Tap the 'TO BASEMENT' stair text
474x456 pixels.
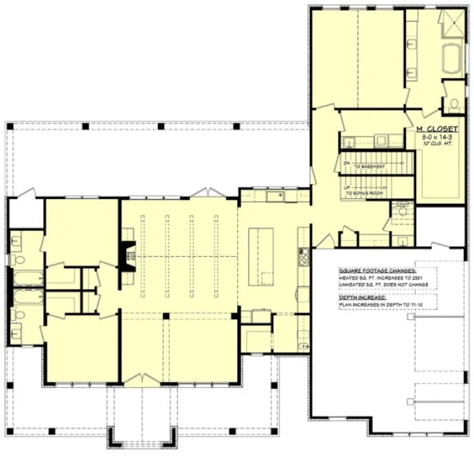pyautogui.click(x=369, y=167)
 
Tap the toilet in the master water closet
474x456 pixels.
pyautogui.click(x=454, y=104)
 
